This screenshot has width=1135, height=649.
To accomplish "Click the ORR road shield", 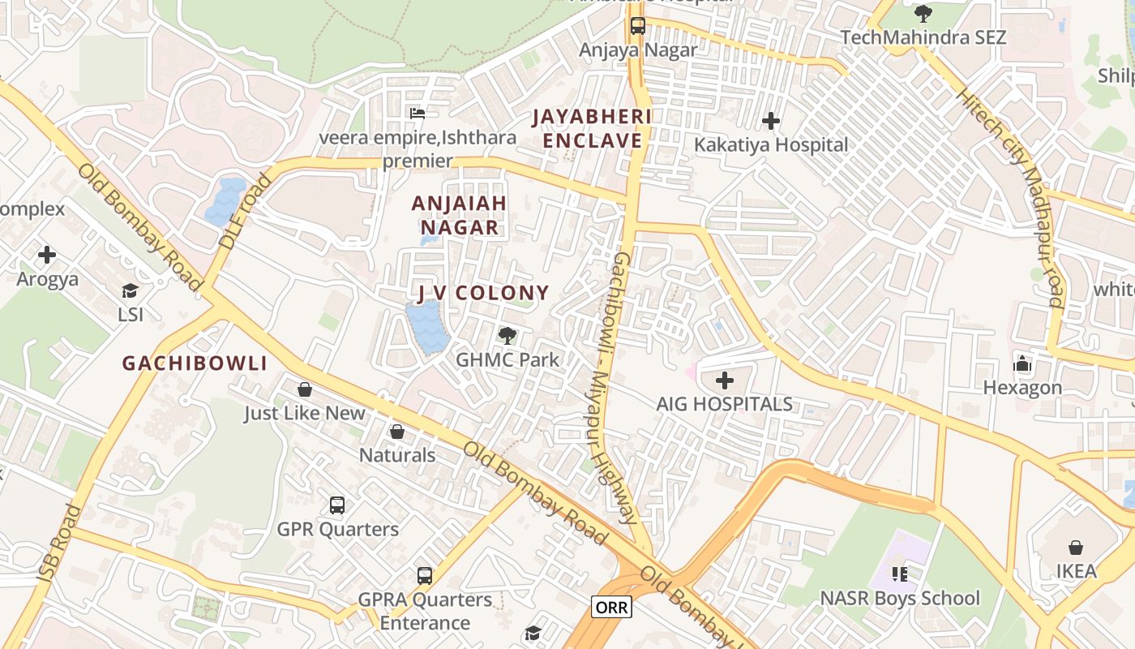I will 611,607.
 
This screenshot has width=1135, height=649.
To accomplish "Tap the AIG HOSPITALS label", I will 724,404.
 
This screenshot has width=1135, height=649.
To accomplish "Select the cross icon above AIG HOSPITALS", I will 725,380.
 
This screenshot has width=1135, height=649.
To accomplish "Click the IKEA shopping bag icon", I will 1076,548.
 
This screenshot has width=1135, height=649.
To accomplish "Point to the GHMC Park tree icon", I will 508,334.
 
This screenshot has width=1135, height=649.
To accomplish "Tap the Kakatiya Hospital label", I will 771,145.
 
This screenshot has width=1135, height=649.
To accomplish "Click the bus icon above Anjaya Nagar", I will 638,25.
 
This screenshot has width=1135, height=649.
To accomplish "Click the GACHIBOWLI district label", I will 195,363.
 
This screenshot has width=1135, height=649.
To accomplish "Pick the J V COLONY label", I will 483,293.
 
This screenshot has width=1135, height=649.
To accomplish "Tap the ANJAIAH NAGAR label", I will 459,215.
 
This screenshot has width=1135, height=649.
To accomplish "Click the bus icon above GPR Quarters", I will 337,505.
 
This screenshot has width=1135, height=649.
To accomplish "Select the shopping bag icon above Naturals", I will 397,432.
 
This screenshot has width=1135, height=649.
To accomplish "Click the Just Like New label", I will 305,414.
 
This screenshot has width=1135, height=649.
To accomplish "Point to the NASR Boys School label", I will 900,599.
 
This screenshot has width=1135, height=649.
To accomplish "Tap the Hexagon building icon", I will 1022,363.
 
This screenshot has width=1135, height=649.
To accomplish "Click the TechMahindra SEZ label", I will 923,37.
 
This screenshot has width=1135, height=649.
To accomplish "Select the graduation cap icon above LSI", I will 130,290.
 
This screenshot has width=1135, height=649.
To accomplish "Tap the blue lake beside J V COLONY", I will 426,328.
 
